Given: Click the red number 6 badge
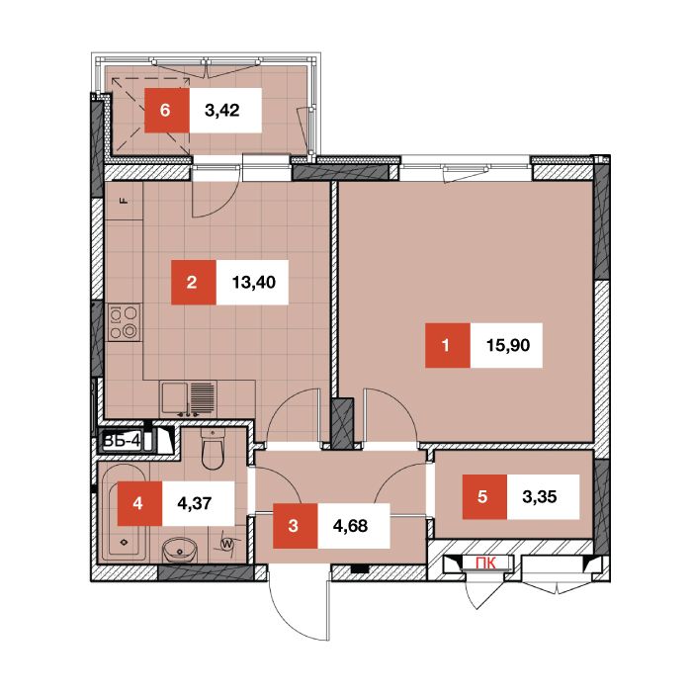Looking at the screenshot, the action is pos(167,111).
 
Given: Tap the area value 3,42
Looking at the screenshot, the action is pos(222,111).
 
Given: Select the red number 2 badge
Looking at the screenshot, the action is pos(194,283).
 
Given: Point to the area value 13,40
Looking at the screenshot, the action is pos(254,283).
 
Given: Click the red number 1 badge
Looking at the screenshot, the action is pos(448,345).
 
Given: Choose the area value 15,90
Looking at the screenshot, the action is pos(508,345).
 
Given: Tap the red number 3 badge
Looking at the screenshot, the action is pos(295,526).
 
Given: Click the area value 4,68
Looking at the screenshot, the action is pos(350,526).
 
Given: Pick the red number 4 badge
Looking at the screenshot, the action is pos(139,503).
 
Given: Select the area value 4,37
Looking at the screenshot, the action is pos(195,503).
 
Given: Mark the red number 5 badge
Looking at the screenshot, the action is pos(484,497).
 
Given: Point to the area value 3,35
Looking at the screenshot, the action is pos(540,497).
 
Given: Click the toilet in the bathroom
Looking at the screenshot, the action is pos(213,449).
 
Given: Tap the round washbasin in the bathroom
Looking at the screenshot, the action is pos(179,550).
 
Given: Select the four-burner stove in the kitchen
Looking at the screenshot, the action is pos(124,322).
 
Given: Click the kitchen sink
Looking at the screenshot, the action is pos(189,398).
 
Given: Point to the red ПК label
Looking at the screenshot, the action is pos(485,563).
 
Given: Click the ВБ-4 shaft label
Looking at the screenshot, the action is pos(122,441).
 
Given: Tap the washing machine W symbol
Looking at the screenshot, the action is pos(227,544).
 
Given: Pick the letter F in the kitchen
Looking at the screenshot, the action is pos(125,202).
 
